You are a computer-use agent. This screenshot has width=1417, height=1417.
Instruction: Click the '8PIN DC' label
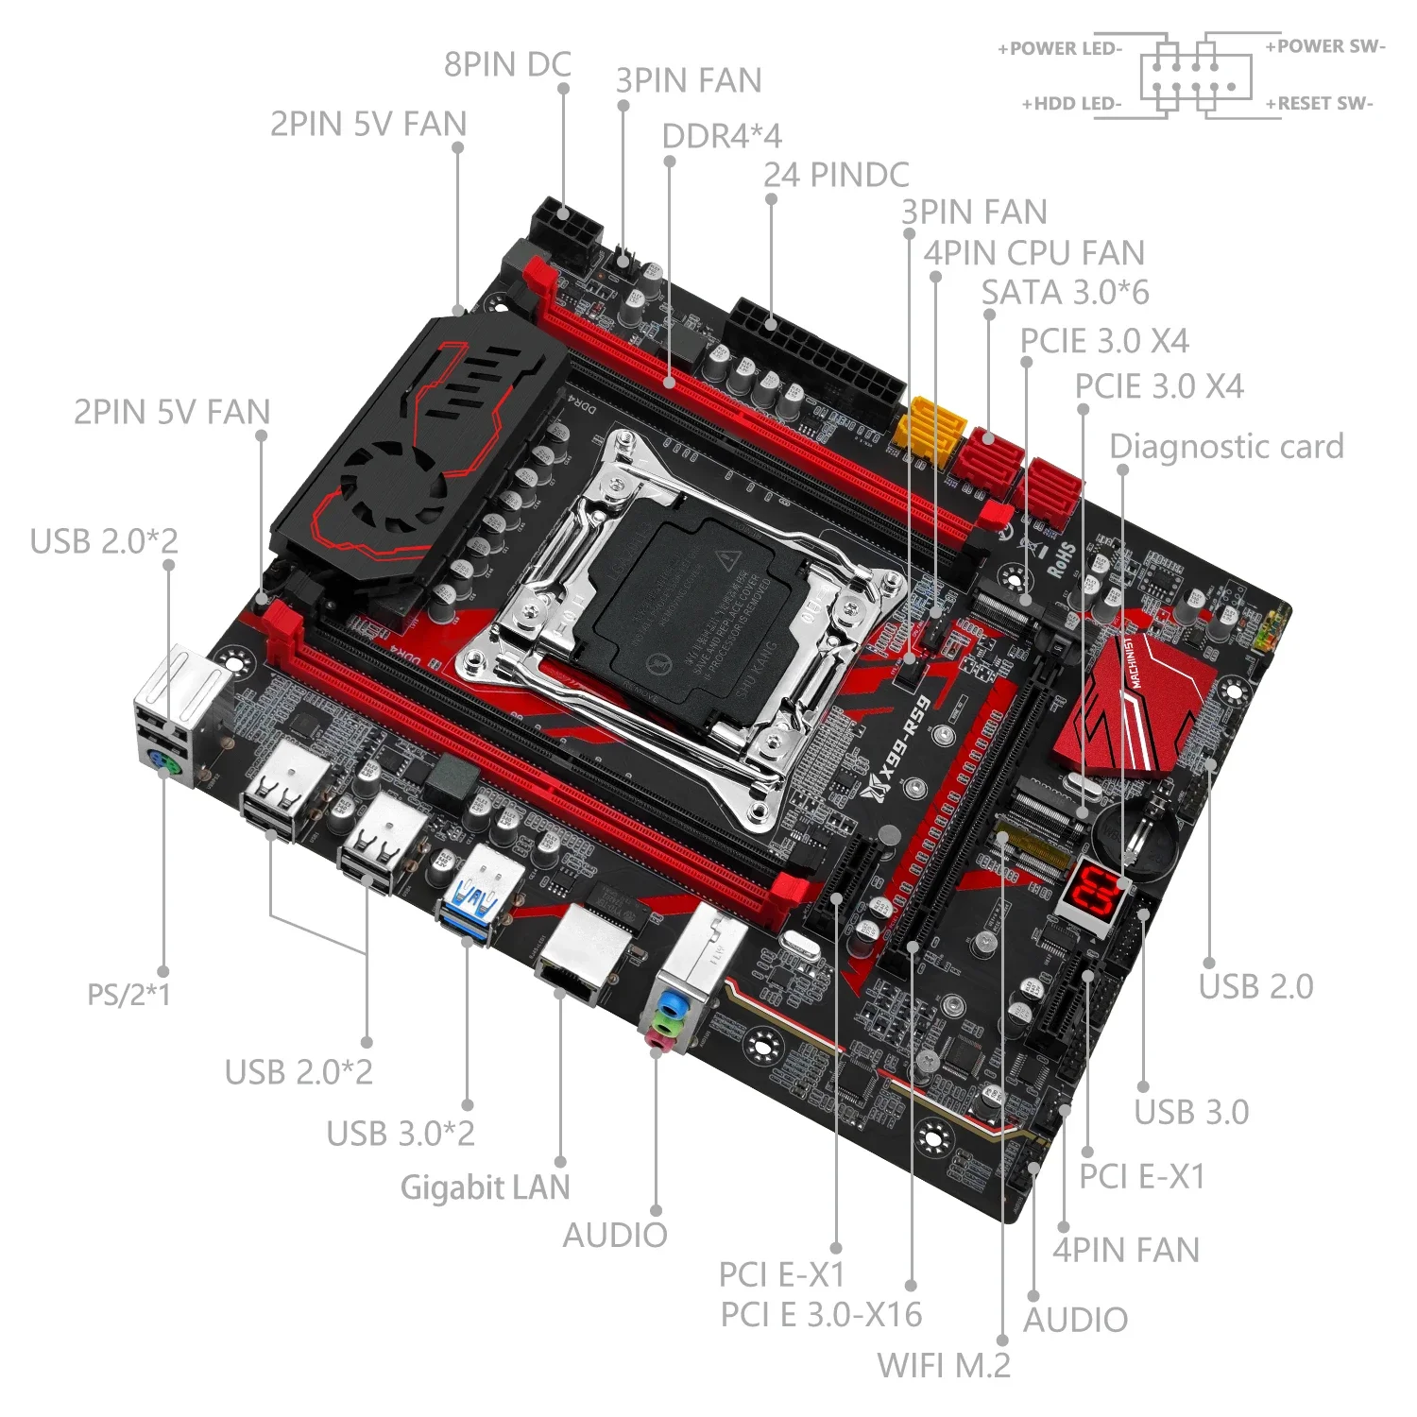[x=507, y=65]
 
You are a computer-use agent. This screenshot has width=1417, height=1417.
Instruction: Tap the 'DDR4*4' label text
[x=722, y=136]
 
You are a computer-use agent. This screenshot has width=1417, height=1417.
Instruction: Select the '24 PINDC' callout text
[x=836, y=175]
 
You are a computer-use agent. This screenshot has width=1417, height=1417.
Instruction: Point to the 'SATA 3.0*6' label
[x=1065, y=293]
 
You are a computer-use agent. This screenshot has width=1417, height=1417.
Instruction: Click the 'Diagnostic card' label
[x=1226, y=447]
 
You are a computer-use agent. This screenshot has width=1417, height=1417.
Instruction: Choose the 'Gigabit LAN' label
[x=486, y=1187]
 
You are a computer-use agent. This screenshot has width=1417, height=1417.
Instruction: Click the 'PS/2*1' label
[x=129, y=995]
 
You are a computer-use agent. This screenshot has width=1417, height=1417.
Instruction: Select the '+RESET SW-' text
[x=1319, y=104]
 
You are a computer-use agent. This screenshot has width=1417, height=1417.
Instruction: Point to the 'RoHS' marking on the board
[x=1061, y=559]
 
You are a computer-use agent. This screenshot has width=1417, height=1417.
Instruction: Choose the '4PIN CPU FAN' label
[x=1033, y=253]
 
